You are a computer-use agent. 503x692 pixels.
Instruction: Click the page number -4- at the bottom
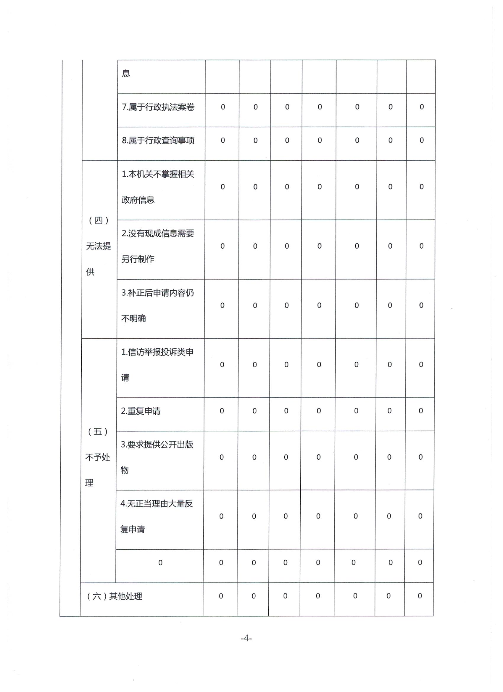[246, 638]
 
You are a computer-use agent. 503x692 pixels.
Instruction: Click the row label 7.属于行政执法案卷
[158, 107]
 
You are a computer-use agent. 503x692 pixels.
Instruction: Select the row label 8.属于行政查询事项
[158, 140]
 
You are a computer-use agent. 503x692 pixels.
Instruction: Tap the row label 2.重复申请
[141, 411]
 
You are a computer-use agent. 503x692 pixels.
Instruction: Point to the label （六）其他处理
[115, 596]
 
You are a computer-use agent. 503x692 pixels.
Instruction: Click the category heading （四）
[99, 220]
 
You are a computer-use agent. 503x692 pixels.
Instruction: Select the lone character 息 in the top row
[126, 73]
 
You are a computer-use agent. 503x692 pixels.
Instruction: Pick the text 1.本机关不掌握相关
[158, 174]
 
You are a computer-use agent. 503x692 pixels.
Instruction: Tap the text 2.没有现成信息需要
[158, 234]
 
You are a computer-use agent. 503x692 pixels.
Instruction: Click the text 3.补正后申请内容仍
[157, 293]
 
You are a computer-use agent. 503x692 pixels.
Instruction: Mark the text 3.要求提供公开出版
[157, 445]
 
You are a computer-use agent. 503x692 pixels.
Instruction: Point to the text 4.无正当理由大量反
[157, 504]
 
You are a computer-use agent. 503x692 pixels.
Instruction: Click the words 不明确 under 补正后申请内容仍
[134, 318]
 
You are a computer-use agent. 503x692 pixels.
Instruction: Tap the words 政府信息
[138, 200]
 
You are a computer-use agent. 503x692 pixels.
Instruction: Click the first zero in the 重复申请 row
[222, 411]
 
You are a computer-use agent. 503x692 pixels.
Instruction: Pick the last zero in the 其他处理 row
[420, 596]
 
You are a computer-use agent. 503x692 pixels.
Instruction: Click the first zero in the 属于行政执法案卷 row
[223, 107]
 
